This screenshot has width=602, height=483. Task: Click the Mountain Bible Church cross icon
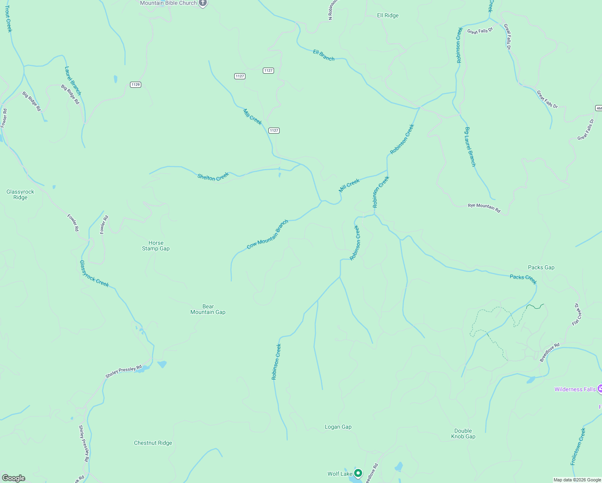click(203, 3)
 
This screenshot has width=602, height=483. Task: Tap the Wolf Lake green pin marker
click(358, 473)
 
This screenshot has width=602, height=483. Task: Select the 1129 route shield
click(136, 85)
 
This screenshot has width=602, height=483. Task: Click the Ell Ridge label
click(388, 16)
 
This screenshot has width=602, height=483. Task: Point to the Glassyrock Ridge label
click(21, 194)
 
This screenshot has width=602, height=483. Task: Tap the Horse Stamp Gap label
click(156, 246)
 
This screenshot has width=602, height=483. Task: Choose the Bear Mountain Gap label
click(208, 309)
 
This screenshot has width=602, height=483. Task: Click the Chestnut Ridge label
click(153, 443)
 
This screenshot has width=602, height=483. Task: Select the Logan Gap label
click(338, 427)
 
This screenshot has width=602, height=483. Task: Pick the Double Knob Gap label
click(463, 433)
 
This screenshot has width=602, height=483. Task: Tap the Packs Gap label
click(541, 267)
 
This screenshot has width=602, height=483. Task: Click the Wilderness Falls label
click(575, 389)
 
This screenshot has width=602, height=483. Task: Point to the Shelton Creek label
click(213, 176)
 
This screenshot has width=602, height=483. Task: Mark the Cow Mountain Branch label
click(268, 234)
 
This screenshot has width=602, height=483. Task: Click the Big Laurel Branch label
click(470, 147)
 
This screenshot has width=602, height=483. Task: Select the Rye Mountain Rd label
click(484, 208)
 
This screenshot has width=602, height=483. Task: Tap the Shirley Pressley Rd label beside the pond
click(124, 372)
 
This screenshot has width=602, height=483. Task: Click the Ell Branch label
click(324, 55)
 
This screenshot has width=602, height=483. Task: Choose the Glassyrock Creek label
click(94, 274)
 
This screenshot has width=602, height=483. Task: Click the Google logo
click(14, 478)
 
